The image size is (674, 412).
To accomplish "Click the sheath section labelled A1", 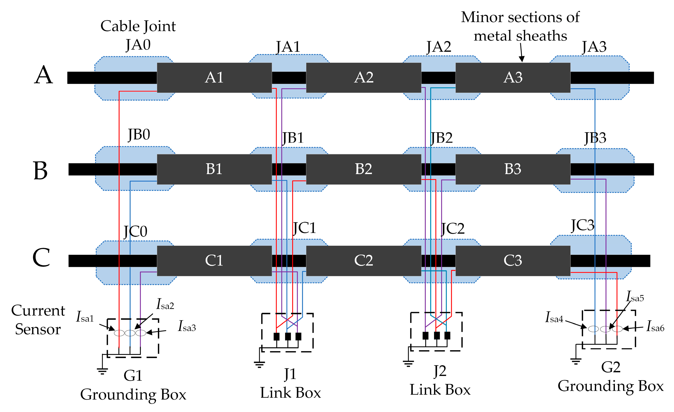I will (x=214, y=78).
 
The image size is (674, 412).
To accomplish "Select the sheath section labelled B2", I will (x=364, y=169).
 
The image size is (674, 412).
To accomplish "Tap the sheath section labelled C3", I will (x=513, y=260).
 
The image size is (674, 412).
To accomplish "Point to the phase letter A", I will (x=43, y=75).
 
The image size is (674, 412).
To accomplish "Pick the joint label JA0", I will (x=138, y=45).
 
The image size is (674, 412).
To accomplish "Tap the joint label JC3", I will (x=582, y=225).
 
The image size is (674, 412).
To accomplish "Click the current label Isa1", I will (x=85, y=317).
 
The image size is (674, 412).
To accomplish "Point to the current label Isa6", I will (x=655, y=326).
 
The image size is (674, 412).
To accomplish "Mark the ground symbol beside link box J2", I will (x=408, y=363).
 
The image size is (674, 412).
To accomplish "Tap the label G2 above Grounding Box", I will (x=610, y=367).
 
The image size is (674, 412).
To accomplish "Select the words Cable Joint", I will (x=138, y=26).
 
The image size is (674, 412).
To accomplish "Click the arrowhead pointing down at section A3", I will (x=522, y=59).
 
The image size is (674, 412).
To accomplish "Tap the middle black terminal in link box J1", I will (x=288, y=337).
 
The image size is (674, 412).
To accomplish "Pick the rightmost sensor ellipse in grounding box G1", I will (x=141, y=333).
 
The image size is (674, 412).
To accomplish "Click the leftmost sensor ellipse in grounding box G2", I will (x=593, y=329).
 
